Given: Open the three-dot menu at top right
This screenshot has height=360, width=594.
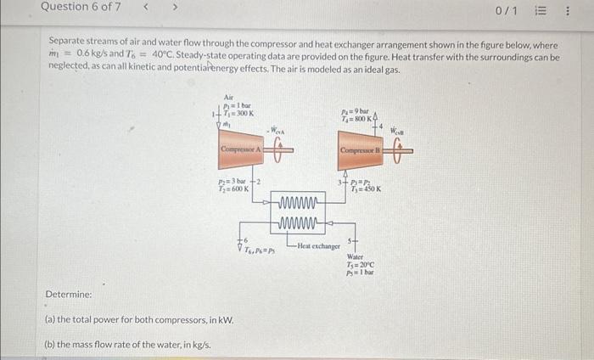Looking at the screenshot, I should coord(567,11).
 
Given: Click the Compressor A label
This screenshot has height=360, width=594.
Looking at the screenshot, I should coord(239,149).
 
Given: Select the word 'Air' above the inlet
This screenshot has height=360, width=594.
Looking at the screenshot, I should coord(229,98).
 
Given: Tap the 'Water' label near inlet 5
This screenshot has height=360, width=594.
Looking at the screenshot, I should coord(356,256).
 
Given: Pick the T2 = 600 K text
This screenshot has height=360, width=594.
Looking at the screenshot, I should coord(231,188).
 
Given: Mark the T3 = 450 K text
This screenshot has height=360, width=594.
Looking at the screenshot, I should coord(366,188).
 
